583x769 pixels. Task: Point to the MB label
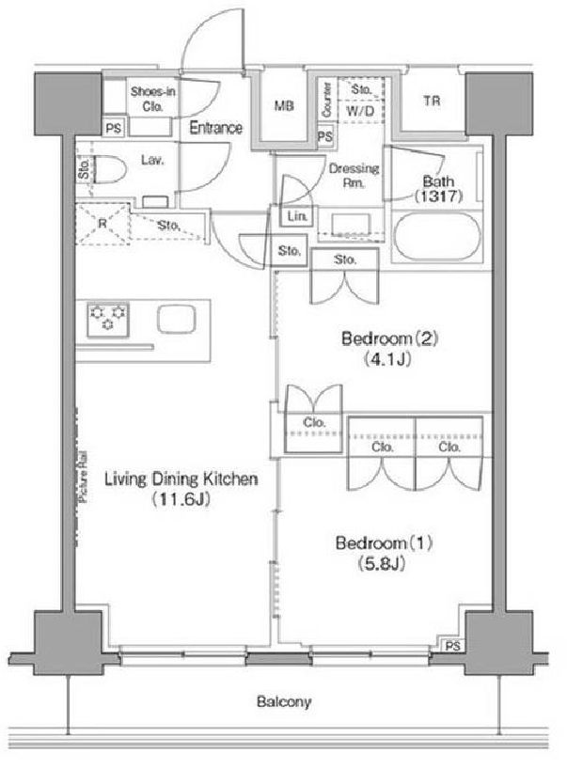284,106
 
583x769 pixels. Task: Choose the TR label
431,102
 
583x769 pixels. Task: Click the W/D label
359,110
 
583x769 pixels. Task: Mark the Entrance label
216,128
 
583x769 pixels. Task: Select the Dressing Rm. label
354,176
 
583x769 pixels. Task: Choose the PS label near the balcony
452,646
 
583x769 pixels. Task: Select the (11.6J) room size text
181,500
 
